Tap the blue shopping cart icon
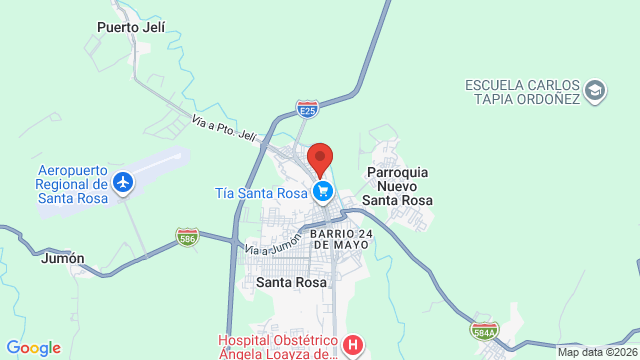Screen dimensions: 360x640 [322, 191]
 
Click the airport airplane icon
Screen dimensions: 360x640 [123, 183]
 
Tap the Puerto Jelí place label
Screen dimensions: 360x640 [131, 27]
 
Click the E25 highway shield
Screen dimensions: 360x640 [308, 104]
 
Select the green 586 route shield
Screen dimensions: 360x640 [187, 237]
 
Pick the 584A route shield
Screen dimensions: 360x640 [485, 329]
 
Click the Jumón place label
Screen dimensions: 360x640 [62, 257]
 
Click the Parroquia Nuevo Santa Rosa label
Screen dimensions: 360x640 [398, 186]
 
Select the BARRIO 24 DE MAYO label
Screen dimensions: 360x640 [347, 238]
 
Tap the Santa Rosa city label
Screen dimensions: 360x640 [288, 282]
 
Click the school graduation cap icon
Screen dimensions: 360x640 [595, 91]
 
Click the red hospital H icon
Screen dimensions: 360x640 [352, 347]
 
